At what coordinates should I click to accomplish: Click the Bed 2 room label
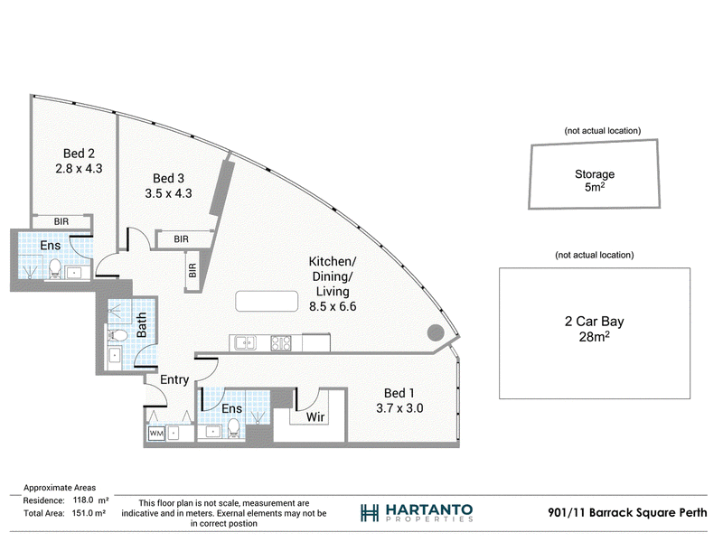tap(79, 154)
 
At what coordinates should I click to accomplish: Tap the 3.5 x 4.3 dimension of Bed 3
tap(168, 193)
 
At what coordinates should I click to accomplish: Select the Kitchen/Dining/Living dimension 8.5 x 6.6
tap(333, 306)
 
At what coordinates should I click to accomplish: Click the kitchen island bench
tap(267, 302)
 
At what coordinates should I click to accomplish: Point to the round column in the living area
tap(436, 332)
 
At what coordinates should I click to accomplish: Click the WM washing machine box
tap(156, 434)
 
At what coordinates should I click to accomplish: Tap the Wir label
tap(315, 417)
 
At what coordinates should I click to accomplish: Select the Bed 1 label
tap(399, 393)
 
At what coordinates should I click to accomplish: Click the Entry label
tap(174, 379)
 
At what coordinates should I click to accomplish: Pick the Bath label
tap(142, 325)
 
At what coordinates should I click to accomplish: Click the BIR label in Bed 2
tap(61, 221)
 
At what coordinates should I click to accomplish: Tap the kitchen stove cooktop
tap(281, 343)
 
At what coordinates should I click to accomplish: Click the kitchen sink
tap(245, 343)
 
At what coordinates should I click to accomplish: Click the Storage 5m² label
tap(595, 181)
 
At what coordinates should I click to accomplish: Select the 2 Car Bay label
tap(595, 322)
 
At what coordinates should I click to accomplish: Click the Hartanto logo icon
tap(370, 512)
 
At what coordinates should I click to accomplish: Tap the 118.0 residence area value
tap(83, 500)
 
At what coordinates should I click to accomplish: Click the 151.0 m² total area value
tap(89, 513)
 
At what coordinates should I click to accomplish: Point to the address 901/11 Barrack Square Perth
tap(627, 512)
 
